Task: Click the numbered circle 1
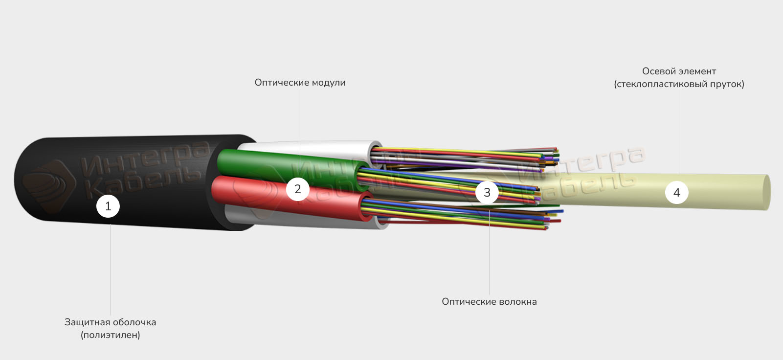pyautogui.click(x=108, y=206)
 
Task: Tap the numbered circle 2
pyautogui.click(x=297, y=189)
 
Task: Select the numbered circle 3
pyautogui.click(x=487, y=192)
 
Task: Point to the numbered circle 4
pyautogui.click(x=676, y=192)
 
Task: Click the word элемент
pyautogui.click(x=697, y=71)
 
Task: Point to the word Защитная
pyautogui.click(x=85, y=322)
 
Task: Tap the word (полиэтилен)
pyautogui.click(x=111, y=335)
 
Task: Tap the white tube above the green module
pyautogui.click(x=313, y=146)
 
